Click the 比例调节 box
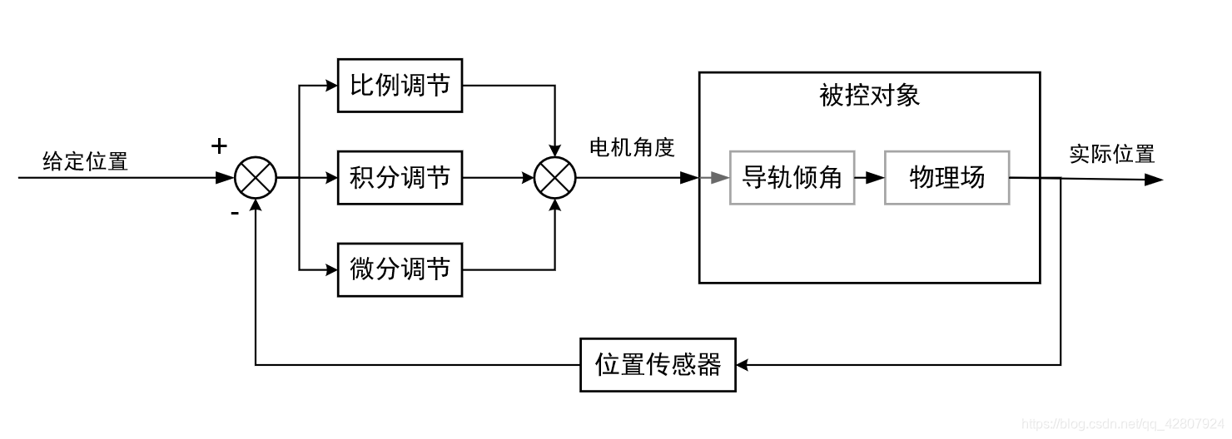(400, 86)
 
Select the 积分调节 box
(400, 178)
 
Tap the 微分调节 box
(400, 269)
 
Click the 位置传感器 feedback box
(658, 364)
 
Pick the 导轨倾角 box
(792, 178)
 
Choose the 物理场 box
(946, 178)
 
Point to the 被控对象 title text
(869, 96)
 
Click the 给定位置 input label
(86, 161)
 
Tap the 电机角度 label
(632, 148)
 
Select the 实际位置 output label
(1112, 155)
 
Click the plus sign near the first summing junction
(219, 147)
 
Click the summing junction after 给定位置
(255, 178)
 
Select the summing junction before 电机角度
(554, 178)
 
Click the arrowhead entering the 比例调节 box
(330, 86)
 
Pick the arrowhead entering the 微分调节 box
(330, 269)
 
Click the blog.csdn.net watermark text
(1125, 425)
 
